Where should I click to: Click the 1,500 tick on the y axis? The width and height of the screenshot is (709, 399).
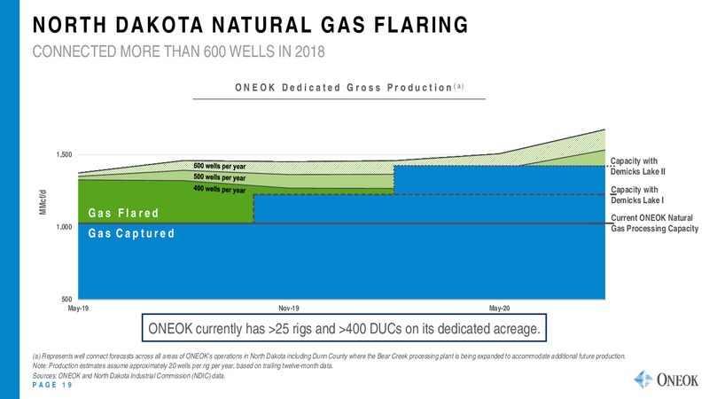pos(64,154)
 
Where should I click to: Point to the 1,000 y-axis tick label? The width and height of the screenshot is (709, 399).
pos(64,227)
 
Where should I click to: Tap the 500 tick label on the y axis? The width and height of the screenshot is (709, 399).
pos(67,299)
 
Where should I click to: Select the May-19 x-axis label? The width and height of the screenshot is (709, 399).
pos(78,309)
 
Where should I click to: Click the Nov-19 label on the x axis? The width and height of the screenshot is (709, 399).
pos(289,309)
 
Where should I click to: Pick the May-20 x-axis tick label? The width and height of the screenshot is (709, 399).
pos(499,309)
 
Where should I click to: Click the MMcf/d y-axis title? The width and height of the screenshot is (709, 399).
pos(43,202)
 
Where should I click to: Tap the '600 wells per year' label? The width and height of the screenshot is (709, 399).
pos(220,166)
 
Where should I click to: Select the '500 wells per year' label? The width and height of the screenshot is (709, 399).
pos(220,177)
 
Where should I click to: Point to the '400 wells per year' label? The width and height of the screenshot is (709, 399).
pos(220,189)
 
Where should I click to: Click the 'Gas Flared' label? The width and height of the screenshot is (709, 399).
pos(123,213)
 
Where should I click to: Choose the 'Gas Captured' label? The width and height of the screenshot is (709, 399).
pos(131,233)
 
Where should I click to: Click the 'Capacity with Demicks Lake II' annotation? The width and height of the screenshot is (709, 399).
pos(637,166)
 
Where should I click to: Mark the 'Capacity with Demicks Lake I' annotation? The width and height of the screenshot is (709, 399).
pos(637,195)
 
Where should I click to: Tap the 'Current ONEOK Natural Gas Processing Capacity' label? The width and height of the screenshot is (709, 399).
pos(655,223)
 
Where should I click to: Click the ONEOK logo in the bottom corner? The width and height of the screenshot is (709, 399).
pos(666,379)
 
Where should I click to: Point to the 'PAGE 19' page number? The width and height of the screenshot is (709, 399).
pos(52,385)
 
